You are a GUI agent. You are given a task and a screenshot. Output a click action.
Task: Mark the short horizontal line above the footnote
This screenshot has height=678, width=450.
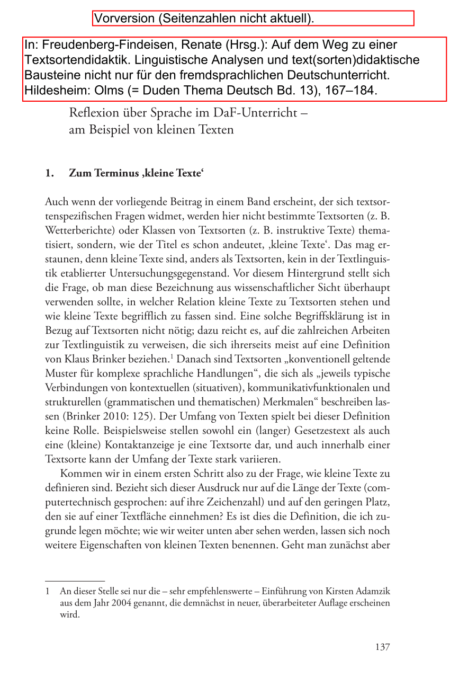pos(75,581)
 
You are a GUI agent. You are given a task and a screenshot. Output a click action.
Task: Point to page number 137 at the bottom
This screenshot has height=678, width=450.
pos(382,647)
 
